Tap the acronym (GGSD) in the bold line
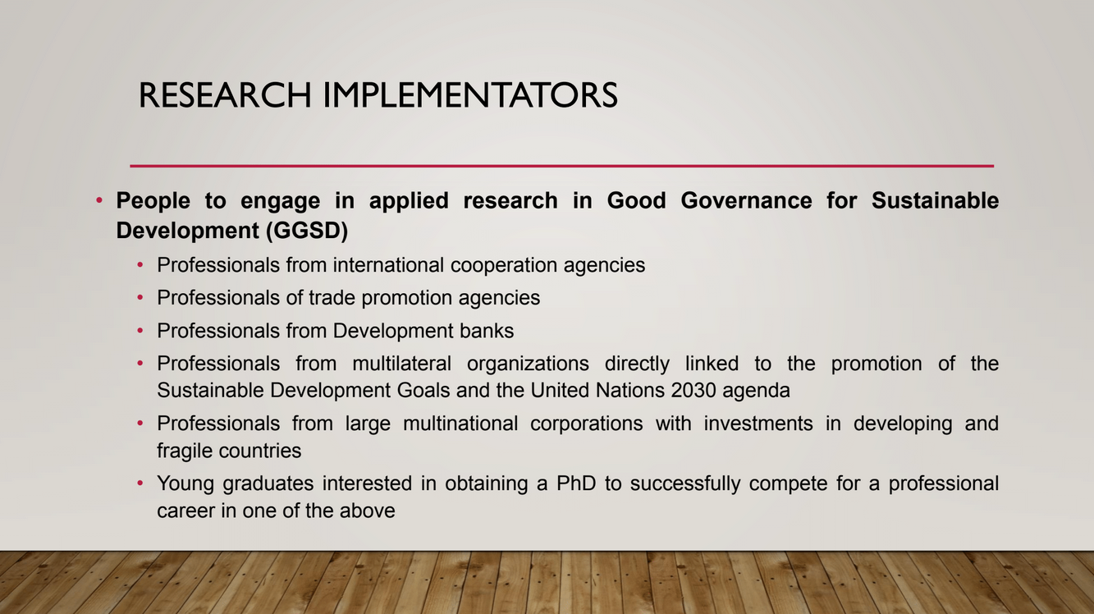(307, 231)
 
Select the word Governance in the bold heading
(746, 201)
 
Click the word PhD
(576, 483)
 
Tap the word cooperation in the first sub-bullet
(504, 266)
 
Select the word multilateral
(401, 364)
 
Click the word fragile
(184, 451)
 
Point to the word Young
(185, 484)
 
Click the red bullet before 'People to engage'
(99, 199)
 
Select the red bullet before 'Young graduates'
(140, 483)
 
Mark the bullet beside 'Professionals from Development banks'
(140, 331)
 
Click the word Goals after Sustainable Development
(423, 390)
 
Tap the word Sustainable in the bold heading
(936, 201)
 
